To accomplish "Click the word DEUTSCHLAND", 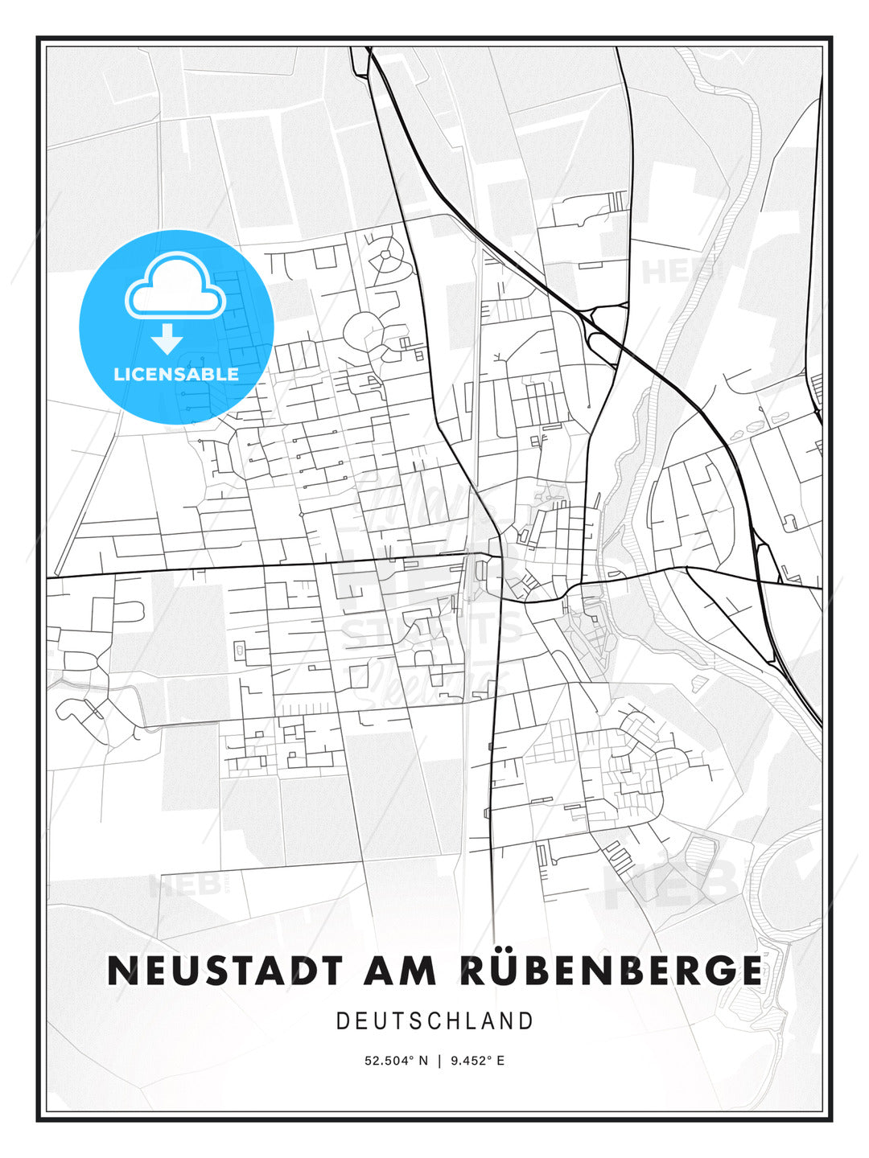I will tap(434, 1021).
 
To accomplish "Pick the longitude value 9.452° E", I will tap(478, 1061).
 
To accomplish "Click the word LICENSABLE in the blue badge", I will tap(176, 374).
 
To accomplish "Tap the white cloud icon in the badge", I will tap(175, 286).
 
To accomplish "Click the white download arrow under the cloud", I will tap(167, 339).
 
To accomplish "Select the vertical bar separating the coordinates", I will tap(439, 1061).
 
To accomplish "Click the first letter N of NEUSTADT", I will tap(123, 971).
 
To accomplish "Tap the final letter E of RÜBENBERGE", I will tap(748, 971).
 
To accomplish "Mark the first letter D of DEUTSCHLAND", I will tap(342, 1021).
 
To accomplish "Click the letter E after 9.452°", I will tap(500, 1061).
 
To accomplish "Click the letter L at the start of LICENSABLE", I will tap(118, 374).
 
